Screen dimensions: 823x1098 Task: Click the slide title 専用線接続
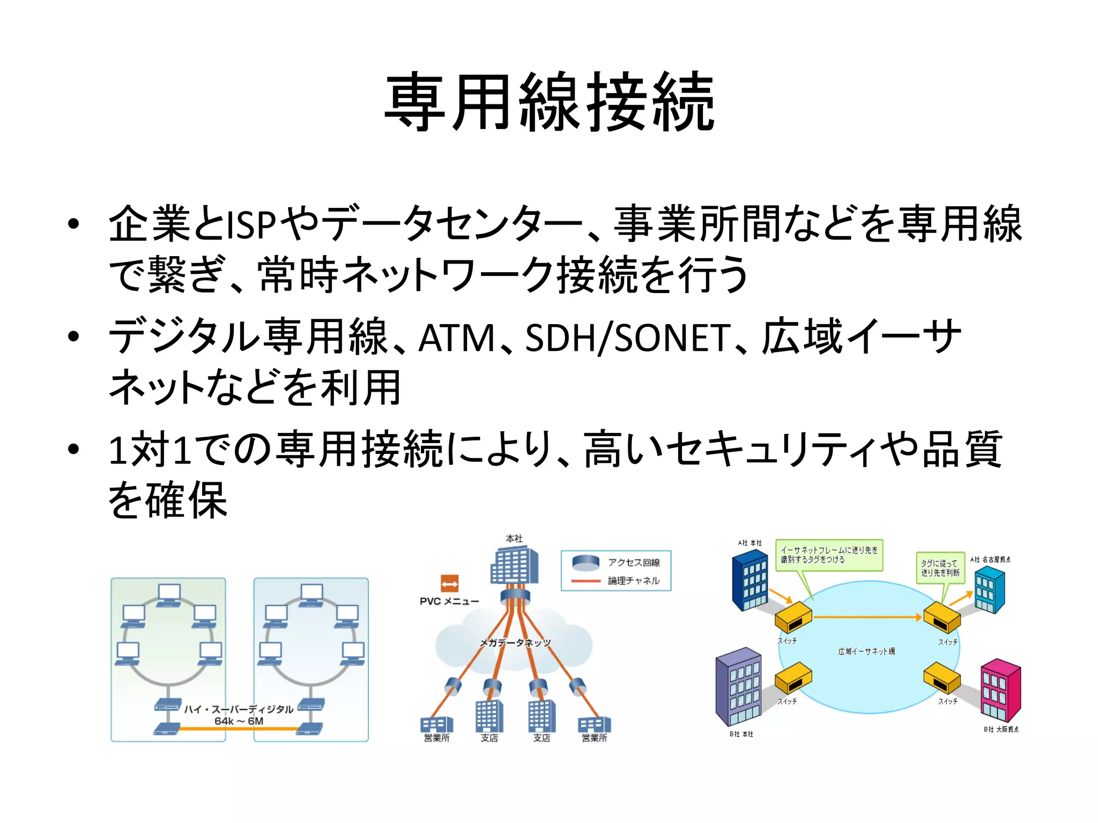pos(549,102)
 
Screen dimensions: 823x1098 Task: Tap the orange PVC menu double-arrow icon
pos(449,583)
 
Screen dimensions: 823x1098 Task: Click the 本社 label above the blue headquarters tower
pos(514,538)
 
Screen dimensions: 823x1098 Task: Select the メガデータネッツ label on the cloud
pos(515,642)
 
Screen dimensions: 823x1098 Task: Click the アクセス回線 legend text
pos(634,562)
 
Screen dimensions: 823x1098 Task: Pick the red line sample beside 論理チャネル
pos(585,581)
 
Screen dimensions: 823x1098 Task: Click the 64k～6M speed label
pos(239,721)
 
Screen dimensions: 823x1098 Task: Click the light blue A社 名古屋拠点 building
pos(989,589)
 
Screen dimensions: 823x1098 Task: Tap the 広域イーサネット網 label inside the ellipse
pos(866,652)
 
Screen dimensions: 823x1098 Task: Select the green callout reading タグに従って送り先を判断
pos(939,568)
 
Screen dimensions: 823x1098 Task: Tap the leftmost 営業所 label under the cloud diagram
pos(436,738)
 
